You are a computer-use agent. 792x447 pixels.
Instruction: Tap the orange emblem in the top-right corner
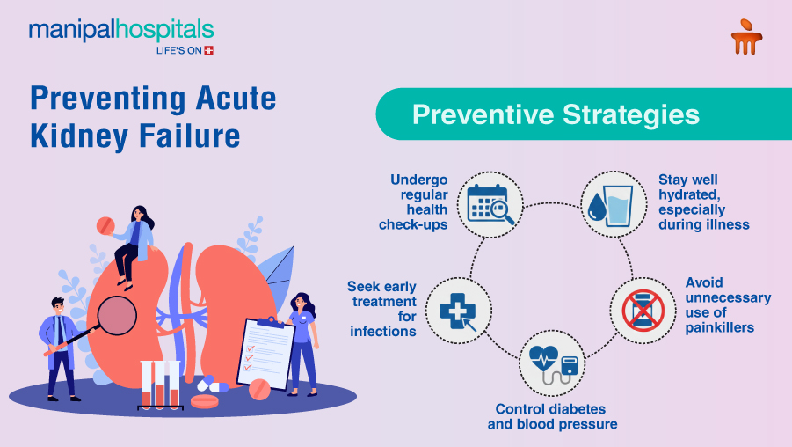[x=746, y=38]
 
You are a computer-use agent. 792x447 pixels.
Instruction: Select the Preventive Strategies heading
[x=556, y=114]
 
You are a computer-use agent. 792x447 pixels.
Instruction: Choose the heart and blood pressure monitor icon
[x=551, y=365]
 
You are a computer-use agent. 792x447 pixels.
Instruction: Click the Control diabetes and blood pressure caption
[x=552, y=416]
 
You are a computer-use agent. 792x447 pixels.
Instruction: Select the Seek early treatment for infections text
[x=381, y=309]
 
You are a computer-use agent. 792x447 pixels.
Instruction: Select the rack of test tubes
[x=160, y=385]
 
